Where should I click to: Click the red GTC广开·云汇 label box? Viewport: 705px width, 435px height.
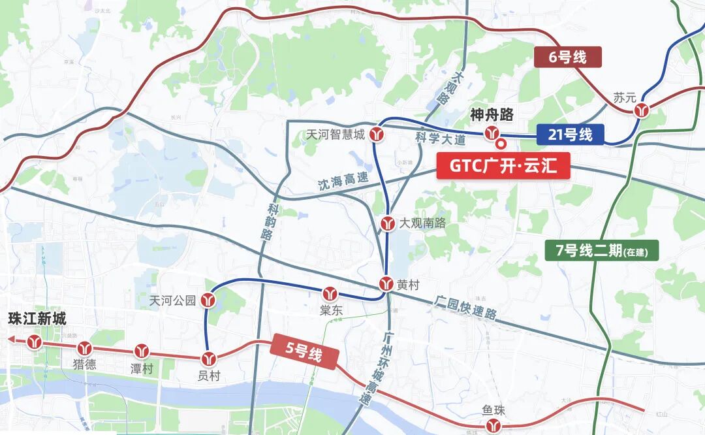[502, 166]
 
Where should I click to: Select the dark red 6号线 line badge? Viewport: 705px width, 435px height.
[567, 57]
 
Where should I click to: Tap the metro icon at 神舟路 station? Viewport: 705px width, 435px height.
[492, 134]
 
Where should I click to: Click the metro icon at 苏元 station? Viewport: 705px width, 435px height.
[642, 110]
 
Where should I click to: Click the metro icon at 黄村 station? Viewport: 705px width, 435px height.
[386, 284]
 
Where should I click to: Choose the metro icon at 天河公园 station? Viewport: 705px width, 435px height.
[208, 300]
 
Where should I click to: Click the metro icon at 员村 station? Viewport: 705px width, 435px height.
[209, 358]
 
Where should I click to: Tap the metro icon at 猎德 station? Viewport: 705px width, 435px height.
[84, 347]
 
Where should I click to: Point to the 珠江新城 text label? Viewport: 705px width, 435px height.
[37, 319]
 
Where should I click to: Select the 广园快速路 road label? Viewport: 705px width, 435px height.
[465, 308]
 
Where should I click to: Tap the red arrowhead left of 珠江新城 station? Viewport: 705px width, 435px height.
[12, 340]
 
